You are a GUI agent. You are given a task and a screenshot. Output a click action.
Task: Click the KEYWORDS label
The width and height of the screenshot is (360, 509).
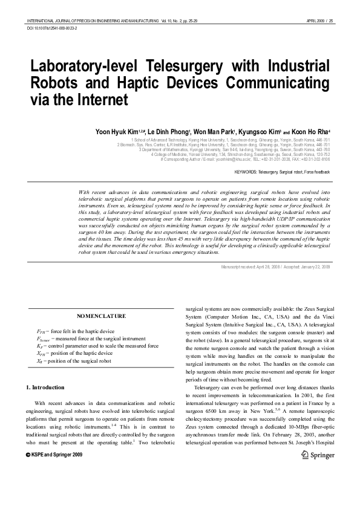click(x=246, y=172)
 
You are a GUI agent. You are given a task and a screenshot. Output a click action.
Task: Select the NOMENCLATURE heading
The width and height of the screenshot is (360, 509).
click(x=102, y=316)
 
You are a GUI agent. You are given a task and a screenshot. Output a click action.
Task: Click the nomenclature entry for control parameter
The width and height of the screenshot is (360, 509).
click(x=97, y=346)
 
